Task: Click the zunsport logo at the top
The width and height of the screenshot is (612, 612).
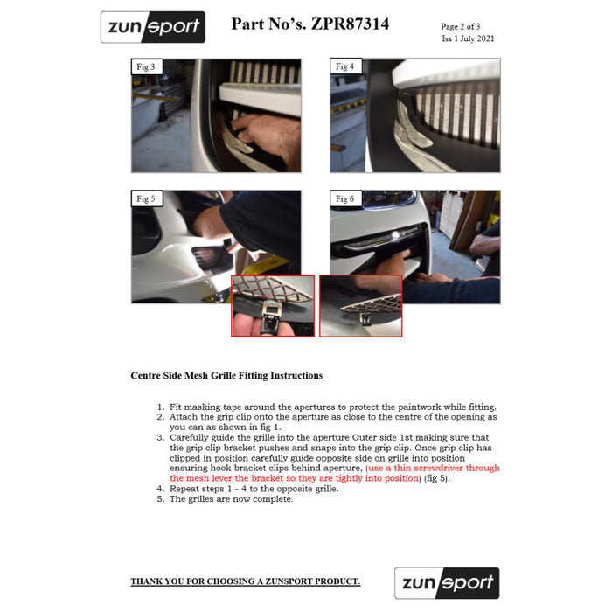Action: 153,27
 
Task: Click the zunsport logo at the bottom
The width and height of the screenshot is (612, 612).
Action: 447,583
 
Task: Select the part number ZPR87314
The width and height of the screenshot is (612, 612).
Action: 350,24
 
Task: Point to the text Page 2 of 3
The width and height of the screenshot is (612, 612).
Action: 460,26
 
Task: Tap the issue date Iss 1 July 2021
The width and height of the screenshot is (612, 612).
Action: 468,38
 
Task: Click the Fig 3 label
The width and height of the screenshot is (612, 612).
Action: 146,66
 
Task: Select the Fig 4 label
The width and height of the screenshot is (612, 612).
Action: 345,66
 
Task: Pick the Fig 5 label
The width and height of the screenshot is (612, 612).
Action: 146,199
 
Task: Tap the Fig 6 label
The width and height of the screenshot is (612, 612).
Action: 345,199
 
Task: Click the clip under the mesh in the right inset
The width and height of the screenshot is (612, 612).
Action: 365,318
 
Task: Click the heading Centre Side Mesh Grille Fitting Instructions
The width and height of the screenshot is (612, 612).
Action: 226,375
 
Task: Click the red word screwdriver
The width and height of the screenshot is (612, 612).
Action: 438,468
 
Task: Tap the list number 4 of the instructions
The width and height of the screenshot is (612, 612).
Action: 160,489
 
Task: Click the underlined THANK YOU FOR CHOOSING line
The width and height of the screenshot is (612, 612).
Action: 246,581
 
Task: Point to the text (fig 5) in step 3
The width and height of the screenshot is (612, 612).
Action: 437,478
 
